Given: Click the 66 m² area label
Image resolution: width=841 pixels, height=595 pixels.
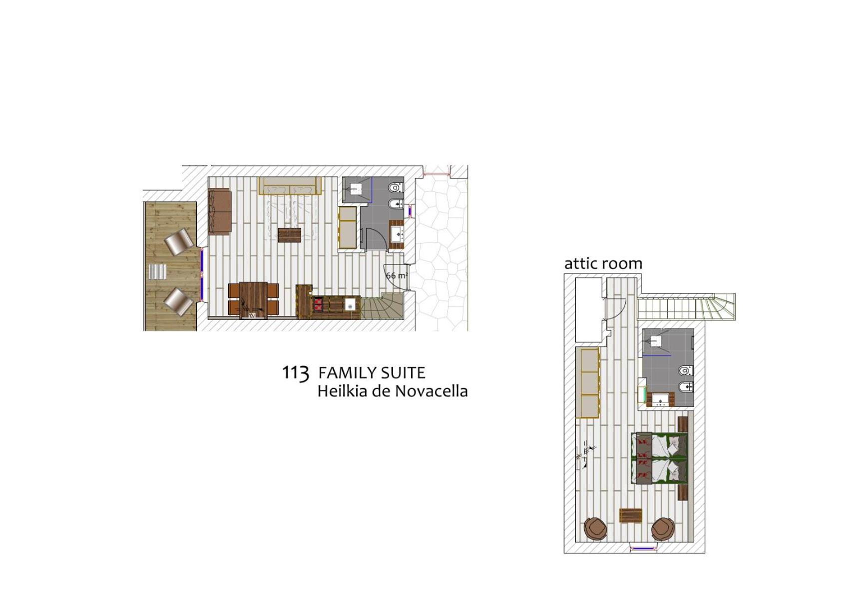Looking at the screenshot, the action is pos(397,275).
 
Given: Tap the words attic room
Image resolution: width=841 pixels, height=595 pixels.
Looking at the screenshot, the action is pos(603,263).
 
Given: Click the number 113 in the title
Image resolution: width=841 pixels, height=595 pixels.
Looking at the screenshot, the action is pos(296,373).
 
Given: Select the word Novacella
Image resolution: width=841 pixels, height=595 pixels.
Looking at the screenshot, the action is pos(431,391).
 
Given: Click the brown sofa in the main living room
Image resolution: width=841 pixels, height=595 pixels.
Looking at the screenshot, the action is pos(220,211).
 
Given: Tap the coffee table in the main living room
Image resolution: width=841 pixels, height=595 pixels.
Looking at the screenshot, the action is pos(290,235).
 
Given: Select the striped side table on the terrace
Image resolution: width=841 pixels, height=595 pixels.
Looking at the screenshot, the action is pos(158,272).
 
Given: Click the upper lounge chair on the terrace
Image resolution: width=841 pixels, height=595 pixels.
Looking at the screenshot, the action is pos(179,240).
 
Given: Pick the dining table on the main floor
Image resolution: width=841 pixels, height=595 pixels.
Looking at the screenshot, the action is pos(253,300).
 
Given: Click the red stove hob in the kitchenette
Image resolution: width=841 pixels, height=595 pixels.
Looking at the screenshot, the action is pos(319,305).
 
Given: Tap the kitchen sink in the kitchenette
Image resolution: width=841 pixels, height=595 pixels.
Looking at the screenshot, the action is pos(350,305).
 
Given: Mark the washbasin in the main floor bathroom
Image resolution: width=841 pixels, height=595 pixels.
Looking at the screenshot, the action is pos(398,235).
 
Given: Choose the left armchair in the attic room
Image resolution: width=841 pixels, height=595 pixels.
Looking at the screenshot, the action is pos(596,528).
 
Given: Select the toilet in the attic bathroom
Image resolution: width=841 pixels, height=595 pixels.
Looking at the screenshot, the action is pos(686,370).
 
